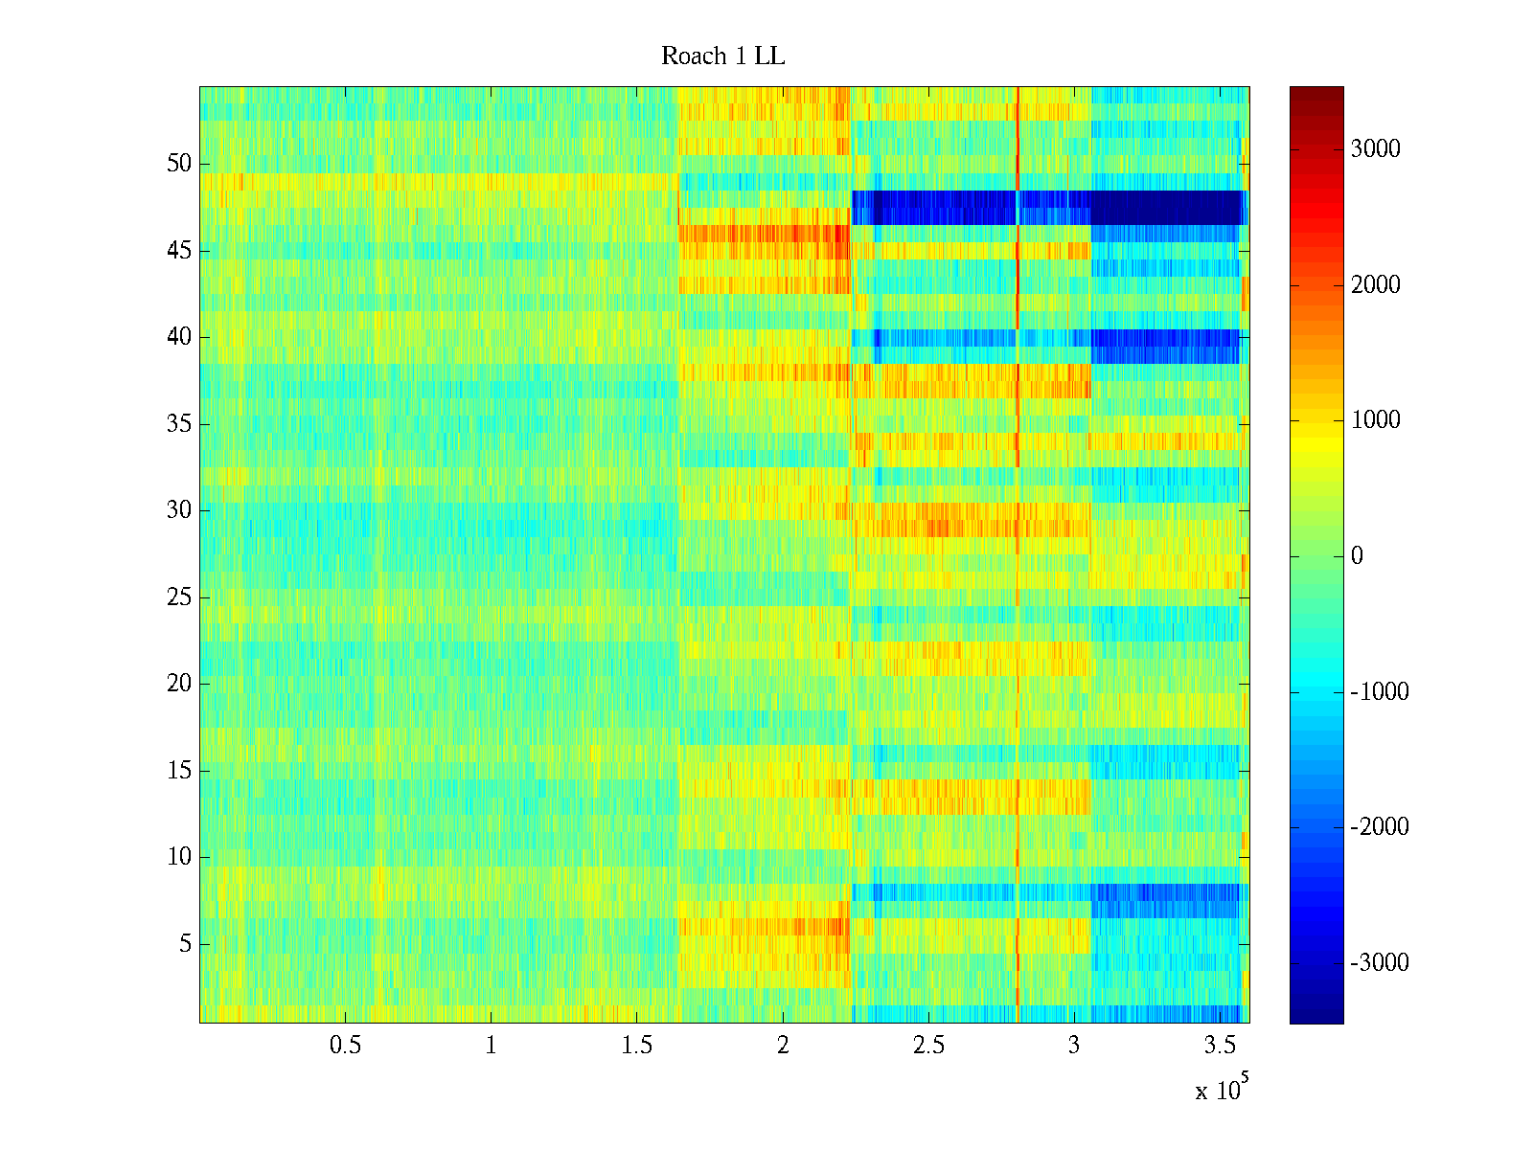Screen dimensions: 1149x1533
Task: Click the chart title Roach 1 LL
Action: point(723,56)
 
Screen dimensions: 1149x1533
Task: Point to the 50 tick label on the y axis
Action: point(179,164)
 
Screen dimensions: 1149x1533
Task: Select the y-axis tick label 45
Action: point(179,251)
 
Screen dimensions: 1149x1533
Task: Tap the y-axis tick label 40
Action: point(179,337)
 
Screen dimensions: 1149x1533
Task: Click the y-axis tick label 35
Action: point(179,424)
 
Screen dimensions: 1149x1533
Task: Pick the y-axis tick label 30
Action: point(179,510)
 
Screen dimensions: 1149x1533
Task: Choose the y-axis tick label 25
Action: point(179,597)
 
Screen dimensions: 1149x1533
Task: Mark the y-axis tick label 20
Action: point(179,684)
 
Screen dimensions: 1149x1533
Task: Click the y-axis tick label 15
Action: point(179,771)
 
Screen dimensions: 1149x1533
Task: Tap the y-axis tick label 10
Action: point(179,857)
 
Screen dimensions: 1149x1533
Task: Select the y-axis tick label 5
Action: point(185,944)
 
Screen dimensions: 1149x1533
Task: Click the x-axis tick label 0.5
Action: point(346,1046)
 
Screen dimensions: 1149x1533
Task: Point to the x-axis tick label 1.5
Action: point(637,1046)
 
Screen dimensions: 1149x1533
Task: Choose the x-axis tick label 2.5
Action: point(928,1046)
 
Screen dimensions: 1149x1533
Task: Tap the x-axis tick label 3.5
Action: point(1220,1046)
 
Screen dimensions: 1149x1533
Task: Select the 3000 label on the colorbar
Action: point(1375,149)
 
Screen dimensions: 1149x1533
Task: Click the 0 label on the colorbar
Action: point(1357,556)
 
